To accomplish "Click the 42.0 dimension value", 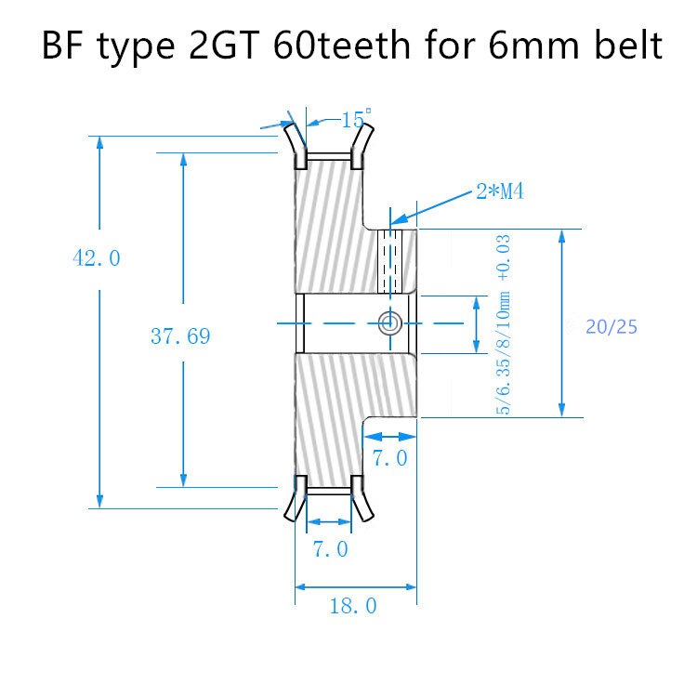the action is click(x=97, y=258).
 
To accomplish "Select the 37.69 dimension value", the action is click(x=180, y=336).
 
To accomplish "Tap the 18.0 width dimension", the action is click(x=353, y=606).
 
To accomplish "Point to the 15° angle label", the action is click(x=356, y=119).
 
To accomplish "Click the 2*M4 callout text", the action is click(x=500, y=191).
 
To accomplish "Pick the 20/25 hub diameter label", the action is click(x=612, y=327).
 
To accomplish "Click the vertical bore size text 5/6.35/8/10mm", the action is click(x=503, y=353).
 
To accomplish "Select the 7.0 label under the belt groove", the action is click(x=330, y=549).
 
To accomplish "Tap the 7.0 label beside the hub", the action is click(x=389, y=458).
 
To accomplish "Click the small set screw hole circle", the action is click(x=390, y=322).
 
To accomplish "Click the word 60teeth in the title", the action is click(x=341, y=46).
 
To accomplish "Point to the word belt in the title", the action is click(x=628, y=46).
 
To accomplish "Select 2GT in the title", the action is click(x=224, y=46).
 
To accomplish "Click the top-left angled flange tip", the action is click(x=288, y=127).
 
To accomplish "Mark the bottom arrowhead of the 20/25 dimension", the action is click(x=562, y=410).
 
